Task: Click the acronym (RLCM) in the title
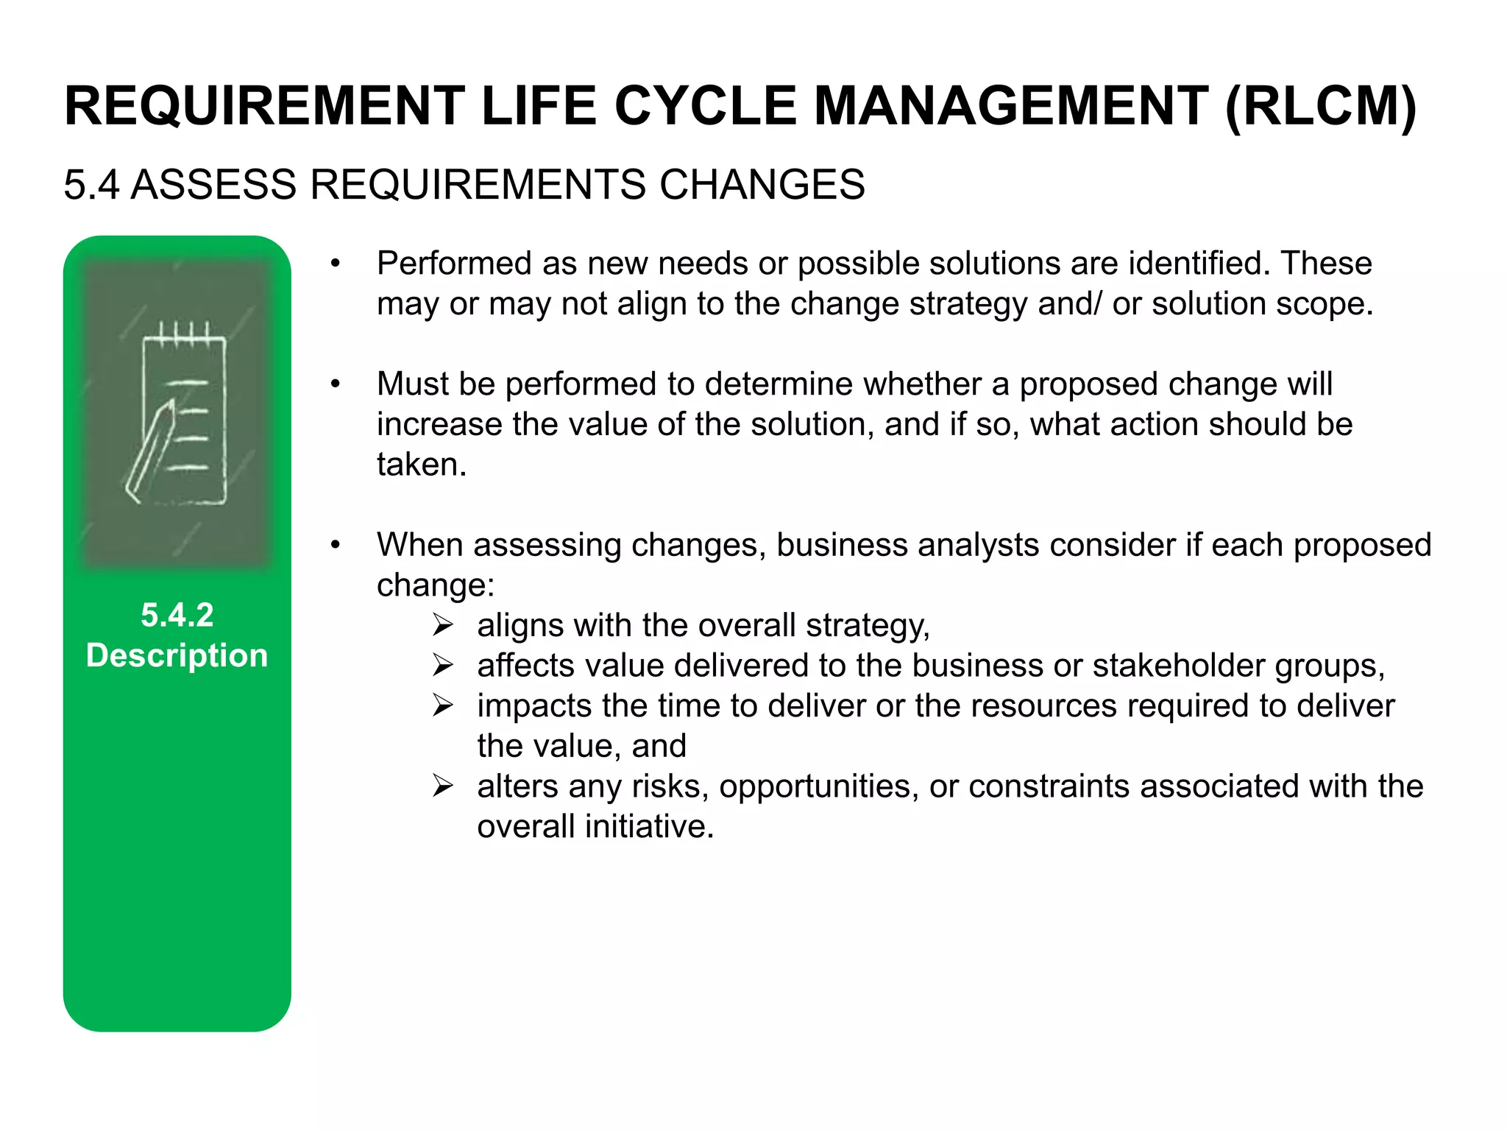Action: coord(1321,107)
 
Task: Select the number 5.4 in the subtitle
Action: coord(91,184)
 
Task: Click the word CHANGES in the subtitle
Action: coord(762,184)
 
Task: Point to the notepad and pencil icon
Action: coord(177,412)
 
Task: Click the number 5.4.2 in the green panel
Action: coord(177,615)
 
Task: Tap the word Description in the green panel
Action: coord(177,655)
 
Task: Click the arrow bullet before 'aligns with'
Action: coord(443,626)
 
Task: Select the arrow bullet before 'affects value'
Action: coord(443,666)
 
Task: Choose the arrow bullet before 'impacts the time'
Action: coord(443,706)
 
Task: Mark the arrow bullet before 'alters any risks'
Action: coord(443,786)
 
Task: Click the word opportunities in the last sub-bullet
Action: coord(819,786)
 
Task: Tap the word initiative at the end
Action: coord(649,827)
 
